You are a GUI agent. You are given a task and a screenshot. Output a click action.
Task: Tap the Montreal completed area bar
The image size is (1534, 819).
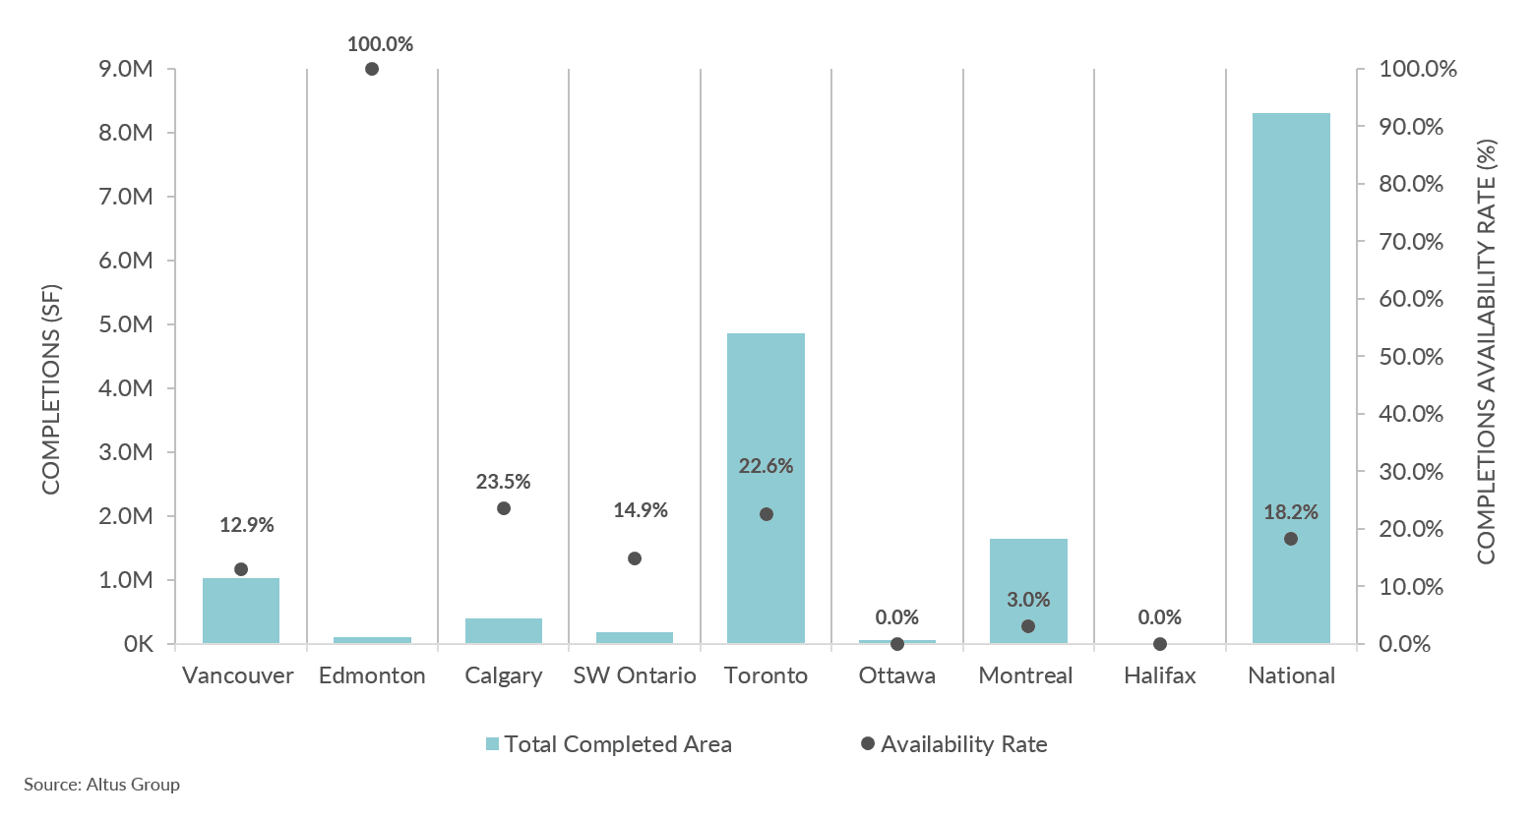click(x=1028, y=591)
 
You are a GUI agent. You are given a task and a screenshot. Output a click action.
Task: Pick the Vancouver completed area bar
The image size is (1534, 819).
click(x=241, y=611)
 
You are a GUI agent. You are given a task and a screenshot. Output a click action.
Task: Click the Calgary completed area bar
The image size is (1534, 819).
click(x=504, y=631)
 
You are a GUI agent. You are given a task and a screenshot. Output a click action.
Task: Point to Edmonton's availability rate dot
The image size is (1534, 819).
click(x=372, y=69)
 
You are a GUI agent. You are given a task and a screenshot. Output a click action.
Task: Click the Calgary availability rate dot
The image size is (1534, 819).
click(x=504, y=508)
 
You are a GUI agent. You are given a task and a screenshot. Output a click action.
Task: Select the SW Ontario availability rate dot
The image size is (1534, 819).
click(x=635, y=558)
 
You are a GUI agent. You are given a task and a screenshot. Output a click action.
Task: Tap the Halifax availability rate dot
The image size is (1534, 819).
click(x=1160, y=644)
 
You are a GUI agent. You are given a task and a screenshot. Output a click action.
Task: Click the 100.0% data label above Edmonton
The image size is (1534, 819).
click(x=380, y=44)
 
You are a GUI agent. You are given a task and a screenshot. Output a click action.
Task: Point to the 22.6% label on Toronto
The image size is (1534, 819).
click(x=766, y=466)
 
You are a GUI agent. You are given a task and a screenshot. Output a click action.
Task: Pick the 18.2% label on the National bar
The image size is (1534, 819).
click(x=1290, y=512)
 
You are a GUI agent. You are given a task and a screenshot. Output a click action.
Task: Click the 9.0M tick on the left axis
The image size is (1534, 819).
click(x=126, y=69)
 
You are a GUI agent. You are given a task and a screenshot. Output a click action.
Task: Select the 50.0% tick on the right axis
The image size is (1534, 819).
click(x=1411, y=357)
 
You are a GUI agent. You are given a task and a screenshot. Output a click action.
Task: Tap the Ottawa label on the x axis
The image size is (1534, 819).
click(x=896, y=675)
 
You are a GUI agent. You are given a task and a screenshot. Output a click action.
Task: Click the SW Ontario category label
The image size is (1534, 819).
click(x=635, y=675)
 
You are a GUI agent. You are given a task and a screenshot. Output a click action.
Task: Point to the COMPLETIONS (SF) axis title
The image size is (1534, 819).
click(x=51, y=389)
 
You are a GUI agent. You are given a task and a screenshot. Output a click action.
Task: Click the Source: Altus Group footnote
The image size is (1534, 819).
click(x=102, y=785)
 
